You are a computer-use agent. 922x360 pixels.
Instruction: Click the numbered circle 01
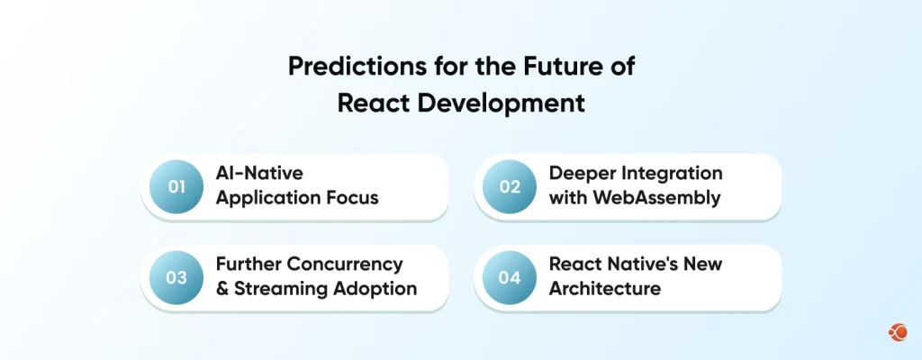176,186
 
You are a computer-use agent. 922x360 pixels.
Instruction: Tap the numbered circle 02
510,186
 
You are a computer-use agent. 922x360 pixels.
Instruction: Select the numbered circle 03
176,277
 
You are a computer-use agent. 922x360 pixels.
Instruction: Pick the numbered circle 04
510,277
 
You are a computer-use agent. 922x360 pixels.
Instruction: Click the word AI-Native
259,174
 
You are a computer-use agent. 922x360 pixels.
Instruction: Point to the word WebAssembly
656,198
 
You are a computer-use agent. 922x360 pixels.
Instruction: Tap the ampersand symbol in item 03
222,289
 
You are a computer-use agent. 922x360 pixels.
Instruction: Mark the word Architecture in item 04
604,288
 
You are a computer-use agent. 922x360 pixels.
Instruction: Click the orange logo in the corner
898,333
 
